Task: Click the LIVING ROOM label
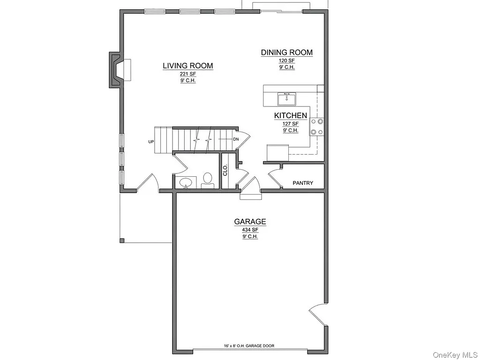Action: [x=188, y=66]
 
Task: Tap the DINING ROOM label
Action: [x=287, y=52]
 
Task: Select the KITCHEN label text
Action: [x=291, y=115]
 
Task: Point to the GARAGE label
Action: [x=250, y=222]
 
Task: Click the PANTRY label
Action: [x=303, y=183]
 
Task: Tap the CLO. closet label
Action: [x=225, y=170]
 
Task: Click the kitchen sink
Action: [x=286, y=99]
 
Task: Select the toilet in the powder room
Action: [x=208, y=180]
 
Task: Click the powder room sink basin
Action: [x=187, y=182]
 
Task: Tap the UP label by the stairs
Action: [x=151, y=141]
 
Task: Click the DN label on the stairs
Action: [x=236, y=139]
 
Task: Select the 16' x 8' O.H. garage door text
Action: [x=249, y=346]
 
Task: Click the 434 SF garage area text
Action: [x=250, y=230]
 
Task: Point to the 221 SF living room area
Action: [x=187, y=74]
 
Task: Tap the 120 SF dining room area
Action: [x=286, y=61]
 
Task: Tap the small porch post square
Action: [x=122, y=241]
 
